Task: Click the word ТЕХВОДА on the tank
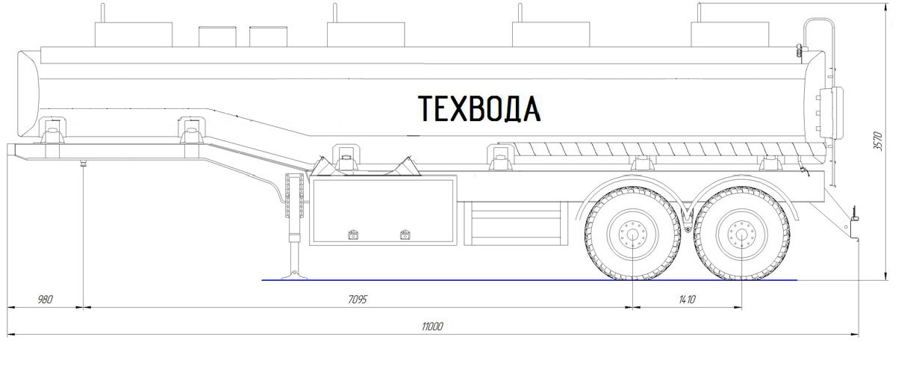[x=479, y=109]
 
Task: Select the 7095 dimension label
[x=358, y=299]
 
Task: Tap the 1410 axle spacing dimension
[x=687, y=299]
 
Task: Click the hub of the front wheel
[x=632, y=235]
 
